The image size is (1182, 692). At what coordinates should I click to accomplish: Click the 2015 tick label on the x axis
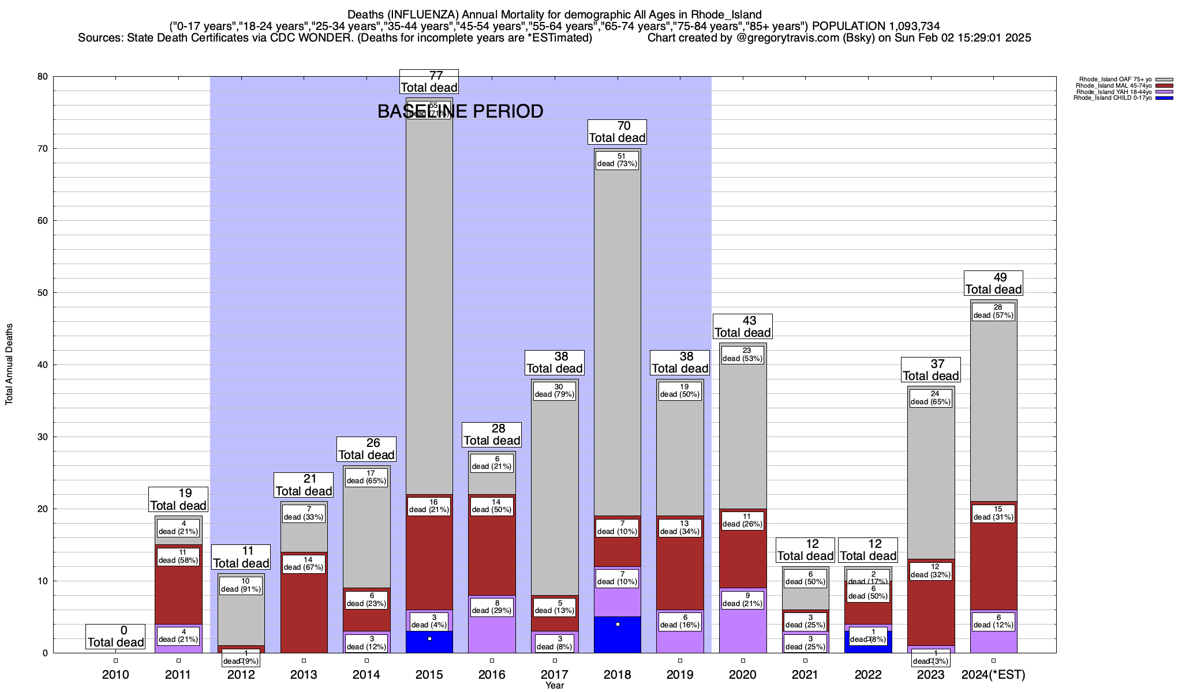point(429,675)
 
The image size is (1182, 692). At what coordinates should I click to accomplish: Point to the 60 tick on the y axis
point(42,221)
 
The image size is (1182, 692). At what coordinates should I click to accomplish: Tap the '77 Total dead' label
point(429,81)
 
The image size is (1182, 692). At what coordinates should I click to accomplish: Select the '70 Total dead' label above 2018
point(617,131)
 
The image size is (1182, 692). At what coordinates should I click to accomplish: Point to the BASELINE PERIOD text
point(460,111)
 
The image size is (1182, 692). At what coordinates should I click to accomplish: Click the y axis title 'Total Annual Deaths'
point(9,364)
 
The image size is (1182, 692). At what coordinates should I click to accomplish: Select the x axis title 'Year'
point(555,686)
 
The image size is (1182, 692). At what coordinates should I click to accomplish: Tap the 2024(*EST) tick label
point(993,675)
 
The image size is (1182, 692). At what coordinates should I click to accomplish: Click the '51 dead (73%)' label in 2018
point(617,160)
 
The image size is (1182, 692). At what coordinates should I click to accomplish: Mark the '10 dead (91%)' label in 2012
point(241,585)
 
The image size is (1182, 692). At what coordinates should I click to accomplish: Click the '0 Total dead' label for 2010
point(115,637)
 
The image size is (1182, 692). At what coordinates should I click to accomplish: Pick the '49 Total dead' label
point(993,283)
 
